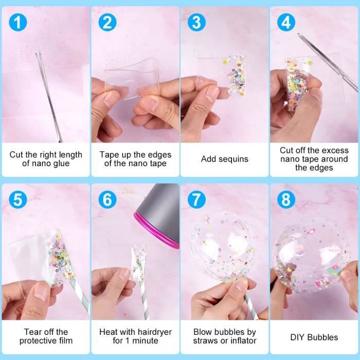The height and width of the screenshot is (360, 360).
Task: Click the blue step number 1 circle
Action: click(17, 22)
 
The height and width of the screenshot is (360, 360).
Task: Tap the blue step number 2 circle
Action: click(107, 22)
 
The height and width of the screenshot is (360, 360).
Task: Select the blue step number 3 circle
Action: click(196, 22)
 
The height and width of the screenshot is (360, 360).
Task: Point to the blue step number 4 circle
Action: click(286, 22)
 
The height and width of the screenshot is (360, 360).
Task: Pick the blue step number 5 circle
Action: click(17, 200)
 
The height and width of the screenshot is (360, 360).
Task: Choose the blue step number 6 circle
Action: click(107, 200)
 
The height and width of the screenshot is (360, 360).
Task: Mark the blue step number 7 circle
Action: click(196, 200)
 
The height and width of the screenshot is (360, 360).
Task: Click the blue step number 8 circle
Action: click(286, 200)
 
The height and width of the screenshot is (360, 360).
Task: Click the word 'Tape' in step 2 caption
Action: click(107, 155)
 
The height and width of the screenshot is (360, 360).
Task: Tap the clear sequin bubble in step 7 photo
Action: click(223, 246)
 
